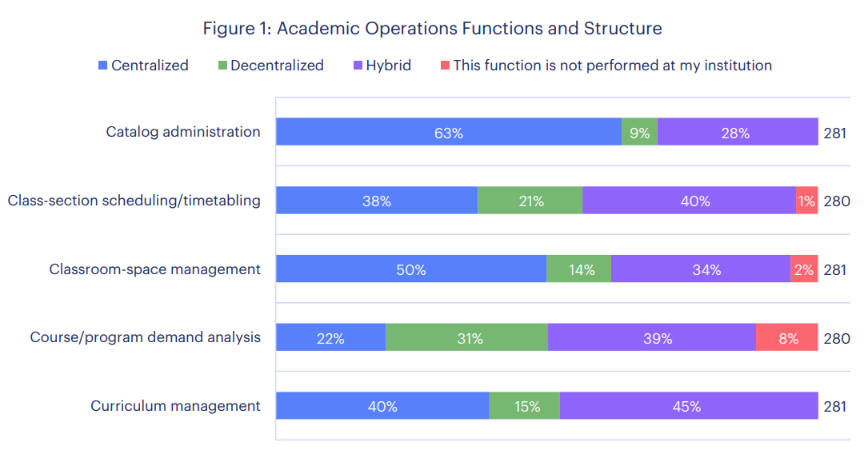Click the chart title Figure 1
pos(432,29)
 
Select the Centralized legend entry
pos(144,66)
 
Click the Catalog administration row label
pos(183,132)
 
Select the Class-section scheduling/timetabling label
pos(134,201)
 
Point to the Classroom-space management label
pos(154,269)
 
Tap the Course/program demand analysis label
pos(146,337)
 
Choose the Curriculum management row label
pos(175,406)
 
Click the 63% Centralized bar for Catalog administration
pos(449,133)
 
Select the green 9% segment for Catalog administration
pos(639,133)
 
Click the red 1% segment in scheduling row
pos(806,201)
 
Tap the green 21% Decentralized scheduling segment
pos(530,201)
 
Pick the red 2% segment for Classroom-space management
pos(804,269)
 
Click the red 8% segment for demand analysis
pos(787,338)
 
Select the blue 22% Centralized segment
pos(330,338)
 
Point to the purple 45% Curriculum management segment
pos(688,406)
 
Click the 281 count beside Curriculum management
pos(834,406)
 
